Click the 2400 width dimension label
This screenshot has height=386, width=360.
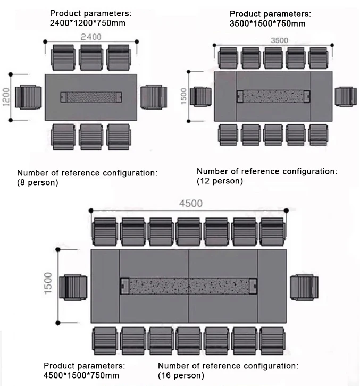click(91, 37)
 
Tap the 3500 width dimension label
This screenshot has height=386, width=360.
click(279, 40)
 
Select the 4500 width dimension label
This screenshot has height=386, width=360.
click(190, 203)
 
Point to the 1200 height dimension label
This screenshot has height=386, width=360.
click(7, 97)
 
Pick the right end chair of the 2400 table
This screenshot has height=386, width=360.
click(154, 97)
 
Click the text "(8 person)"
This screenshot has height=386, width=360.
click(38, 182)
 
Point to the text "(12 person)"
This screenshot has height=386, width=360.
click(220, 181)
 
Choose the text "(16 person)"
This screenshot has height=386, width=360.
click(181, 375)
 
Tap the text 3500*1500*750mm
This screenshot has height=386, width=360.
click(267, 23)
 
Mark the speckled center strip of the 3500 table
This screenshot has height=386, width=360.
click(273, 97)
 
